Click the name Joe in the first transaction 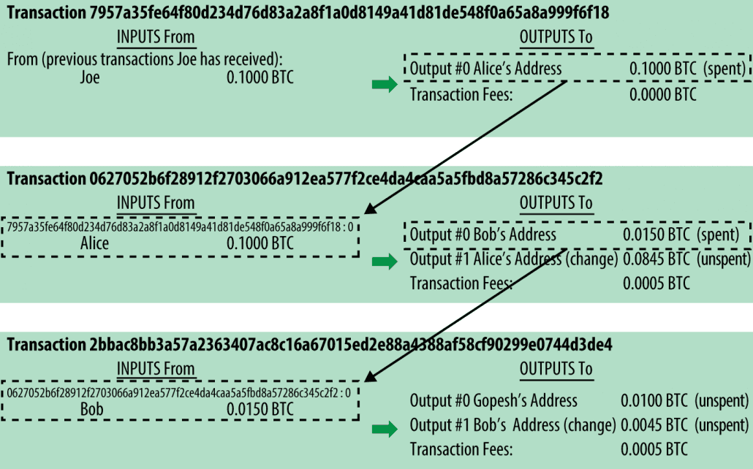[x=90, y=77]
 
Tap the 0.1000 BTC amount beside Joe [x=260, y=77]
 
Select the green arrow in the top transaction [x=385, y=85]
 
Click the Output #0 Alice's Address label [x=485, y=69]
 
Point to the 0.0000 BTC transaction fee [x=663, y=94]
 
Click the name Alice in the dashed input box [x=94, y=243]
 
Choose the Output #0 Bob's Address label [x=483, y=234]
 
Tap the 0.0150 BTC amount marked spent [x=656, y=234]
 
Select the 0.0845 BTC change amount [x=656, y=259]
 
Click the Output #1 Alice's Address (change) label [x=514, y=259]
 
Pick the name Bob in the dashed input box [x=91, y=410]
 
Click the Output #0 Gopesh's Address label [x=493, y=401]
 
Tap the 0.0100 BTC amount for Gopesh [x=654, y=401]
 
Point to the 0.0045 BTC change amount [x=654, y=425]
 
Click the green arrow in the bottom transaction [x=385, y=429]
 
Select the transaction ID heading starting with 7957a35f [x=308, y=12]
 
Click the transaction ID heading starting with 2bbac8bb [x=309, y=345]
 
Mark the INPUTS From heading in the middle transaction [x=156, y=203]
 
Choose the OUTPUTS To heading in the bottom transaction [x=556, y=369]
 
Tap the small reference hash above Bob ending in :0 [x=178, y=393]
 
